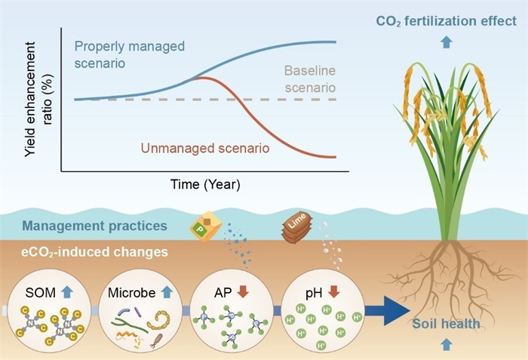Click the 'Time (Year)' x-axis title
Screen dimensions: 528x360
pyautogui.click(x=205, y=184)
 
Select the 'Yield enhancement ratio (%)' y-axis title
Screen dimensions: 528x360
pyautogui.click(x=38, y=100)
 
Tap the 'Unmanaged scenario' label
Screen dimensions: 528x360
pyautogui.click(x=205, y=149)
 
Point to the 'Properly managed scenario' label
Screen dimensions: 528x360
pyautogui.click(x=129, y=54)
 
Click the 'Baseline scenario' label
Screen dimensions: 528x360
pyautogui.click(x=310, y=79)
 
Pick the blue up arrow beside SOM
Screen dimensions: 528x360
pyautogui.click(x=67, y=291)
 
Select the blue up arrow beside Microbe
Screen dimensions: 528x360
pyautogui.click(x=167, y=292)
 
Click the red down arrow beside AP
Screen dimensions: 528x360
pyautogui.click(x=242, y=292)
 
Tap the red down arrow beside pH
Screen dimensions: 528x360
pyautogui.click(x=333, y=292)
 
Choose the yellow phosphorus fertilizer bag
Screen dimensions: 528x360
pyautogui.click(x=206, y=226)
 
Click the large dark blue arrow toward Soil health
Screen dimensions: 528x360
pyautogui.click(x=387, y=311)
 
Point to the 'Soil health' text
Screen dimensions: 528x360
pyautogui.click(x=447, y=324)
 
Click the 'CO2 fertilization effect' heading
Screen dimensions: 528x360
pyautogui.click(x=447, y=21)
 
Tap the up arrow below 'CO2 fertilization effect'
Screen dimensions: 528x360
pyautogui.click(x=447, y=42)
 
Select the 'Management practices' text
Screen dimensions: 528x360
pyautogui.click(x=94, y=226)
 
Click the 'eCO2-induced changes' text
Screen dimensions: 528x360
pyautogui.click(x=94, y=252)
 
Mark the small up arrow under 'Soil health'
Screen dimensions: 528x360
pyautogui.click(x=447, y=344)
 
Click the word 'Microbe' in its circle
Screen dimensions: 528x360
pyautogui.click(x=132, y=293)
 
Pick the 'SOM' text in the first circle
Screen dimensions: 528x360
pyautogui.click(x=41, y=293)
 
